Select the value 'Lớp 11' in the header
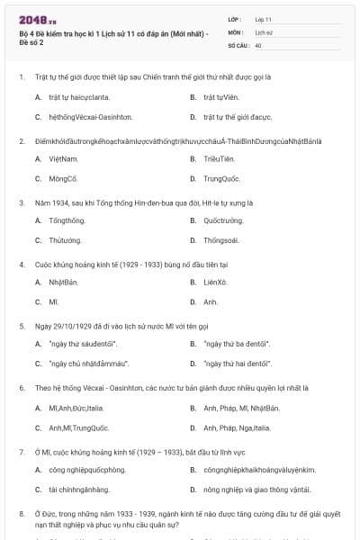click(263, 19)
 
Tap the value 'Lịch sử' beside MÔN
click(264, 31)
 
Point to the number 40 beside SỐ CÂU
click(258, 44)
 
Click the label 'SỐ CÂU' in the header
click(238, 44)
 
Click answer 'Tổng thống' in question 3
click(68, 220)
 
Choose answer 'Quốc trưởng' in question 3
click(223, 220)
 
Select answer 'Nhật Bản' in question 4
click(64, 282)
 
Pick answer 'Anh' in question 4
click(211, 302)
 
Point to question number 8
click(21, 512)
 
